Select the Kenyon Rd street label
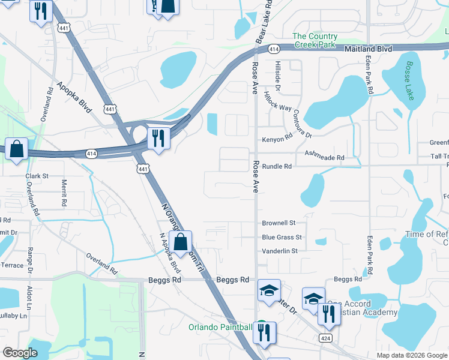point(277,139)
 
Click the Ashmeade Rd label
point(324,157)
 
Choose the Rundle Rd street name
point(277,166)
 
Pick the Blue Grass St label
point(282,237)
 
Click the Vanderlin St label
point(280,251)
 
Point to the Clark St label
point(37,176)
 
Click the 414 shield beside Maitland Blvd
point(274,48)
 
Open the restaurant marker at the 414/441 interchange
point(158,137)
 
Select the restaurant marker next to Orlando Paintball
point(265,331)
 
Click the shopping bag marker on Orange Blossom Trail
point(180,242)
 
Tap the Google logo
point(20,353)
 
